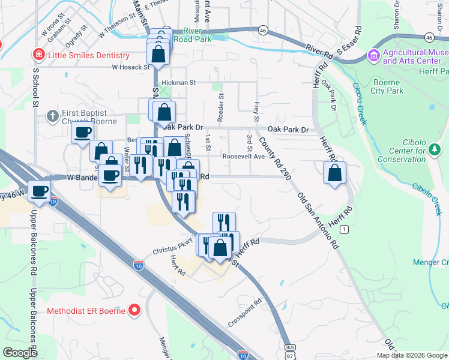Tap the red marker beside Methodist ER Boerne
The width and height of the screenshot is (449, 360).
[134, 311]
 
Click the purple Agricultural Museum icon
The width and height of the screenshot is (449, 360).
[374, 56]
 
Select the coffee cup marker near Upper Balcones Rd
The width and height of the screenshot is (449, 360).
[40, 191]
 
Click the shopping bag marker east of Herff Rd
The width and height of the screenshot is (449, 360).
[334, 173]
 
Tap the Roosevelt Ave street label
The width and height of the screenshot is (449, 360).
[243, 156]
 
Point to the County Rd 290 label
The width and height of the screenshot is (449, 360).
[273, 157]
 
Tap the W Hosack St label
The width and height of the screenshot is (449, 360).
[130, 67]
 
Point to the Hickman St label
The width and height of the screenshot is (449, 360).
[179, 82]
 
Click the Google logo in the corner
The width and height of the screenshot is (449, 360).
[20, 353]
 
